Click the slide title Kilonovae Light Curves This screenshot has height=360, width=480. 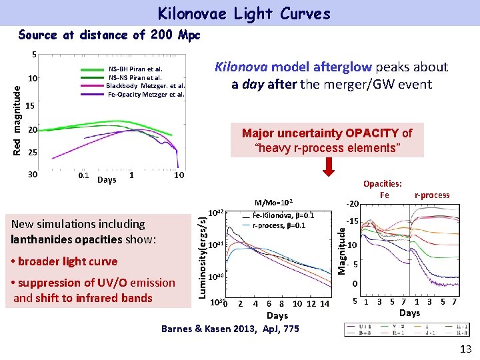(243, 13)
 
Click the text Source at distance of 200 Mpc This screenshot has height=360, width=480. (109, 35)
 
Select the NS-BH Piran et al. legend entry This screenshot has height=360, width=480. (136, 69)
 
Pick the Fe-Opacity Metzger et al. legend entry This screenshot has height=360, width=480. (146, 94)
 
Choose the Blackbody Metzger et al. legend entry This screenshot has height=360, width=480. (145, 85)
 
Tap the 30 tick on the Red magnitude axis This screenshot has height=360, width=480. (31, 175)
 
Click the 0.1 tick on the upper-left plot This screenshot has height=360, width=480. (84, 176)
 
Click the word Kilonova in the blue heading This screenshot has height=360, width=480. (239, 67)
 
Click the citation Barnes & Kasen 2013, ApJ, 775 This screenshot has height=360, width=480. (230, 328)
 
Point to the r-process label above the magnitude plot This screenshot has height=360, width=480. (432, 195)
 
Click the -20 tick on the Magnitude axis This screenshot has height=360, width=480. (354, 204)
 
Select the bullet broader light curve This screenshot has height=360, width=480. (64, 261)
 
